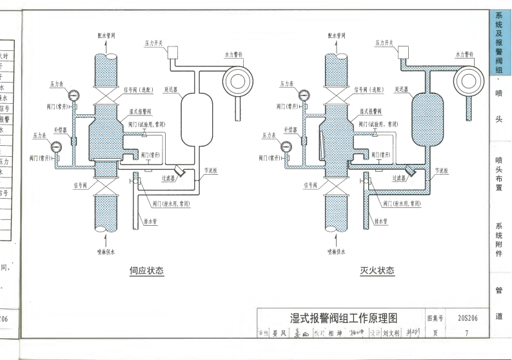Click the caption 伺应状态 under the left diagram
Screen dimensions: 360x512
147,271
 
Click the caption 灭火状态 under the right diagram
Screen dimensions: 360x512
377,271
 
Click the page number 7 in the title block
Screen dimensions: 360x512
466,333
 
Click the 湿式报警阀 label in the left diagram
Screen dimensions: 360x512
143,111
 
